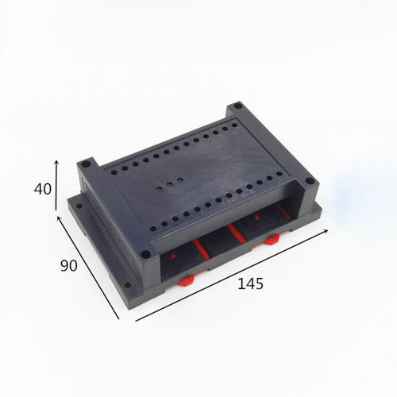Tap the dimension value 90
(x=68, y=264)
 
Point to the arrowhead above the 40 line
(x=56, y=162)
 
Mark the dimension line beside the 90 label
(x=87, y=270)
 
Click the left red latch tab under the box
(x=187, y=279)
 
